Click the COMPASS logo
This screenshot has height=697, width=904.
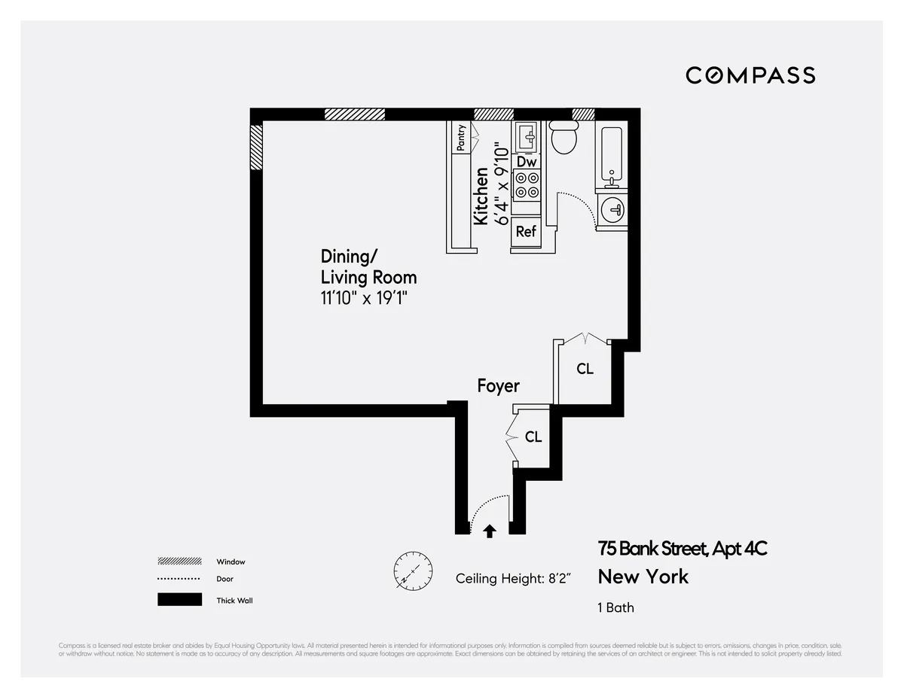pyautogui.click(x=750, y=75)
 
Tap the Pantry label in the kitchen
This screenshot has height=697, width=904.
pyautogui.click(x=461, y=138)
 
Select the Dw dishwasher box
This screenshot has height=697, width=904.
pyautogui.click(x=527, y=162)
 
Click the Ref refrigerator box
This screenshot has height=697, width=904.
pyautogui.click(x=526, y=232)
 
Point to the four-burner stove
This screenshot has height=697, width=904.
pyautogui.click(x=527, y=185)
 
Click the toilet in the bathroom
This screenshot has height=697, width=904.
pyautogui.click(x=563, y=137)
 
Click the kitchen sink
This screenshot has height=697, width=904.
pyautogui.click(x=527, y=137)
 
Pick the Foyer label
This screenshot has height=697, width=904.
pyautogui.click(x=498, y=386)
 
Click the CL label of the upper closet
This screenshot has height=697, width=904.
pyautogui.click(x=585, y=370)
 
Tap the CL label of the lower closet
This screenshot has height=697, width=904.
pyautogui.click(x=533, y=437)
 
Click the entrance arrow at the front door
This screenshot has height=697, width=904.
pyautogui.click(x=490, y=531)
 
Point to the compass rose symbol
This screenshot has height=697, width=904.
pyautogui.click(x=414, y=570)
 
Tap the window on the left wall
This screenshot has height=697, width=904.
pyautogui.click(x=256, y=148)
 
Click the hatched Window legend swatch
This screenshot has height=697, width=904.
pyautogui.click(x=179, y=562)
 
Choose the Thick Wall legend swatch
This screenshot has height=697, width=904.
pyautogui.click(x=179, y=600)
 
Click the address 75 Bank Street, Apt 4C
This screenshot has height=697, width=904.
pyautogui.click(x=683, y=549)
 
